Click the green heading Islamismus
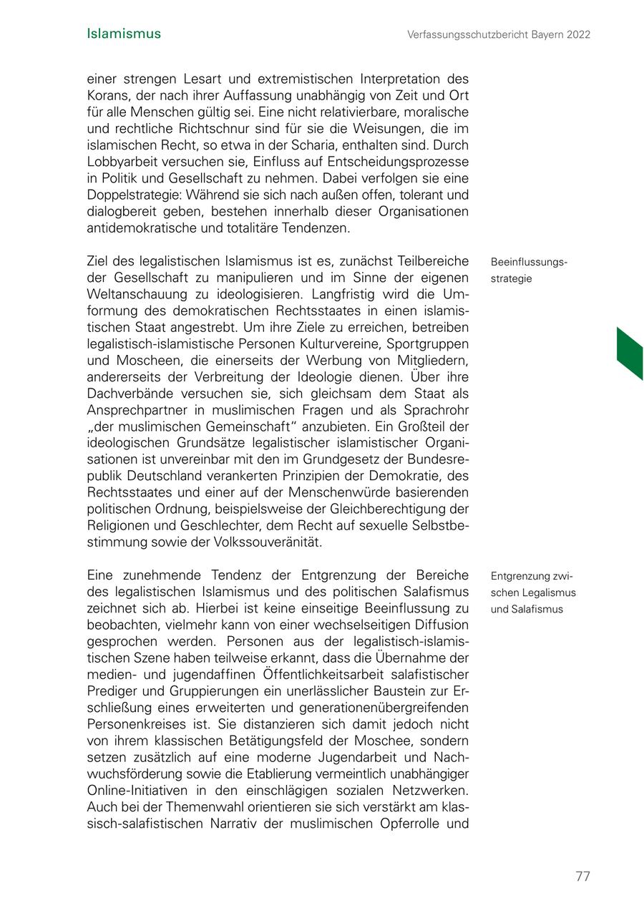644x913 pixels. click(x=123, y=34)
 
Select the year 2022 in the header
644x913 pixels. click(x=577, y=34)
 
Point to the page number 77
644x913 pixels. click(x=582, y=877)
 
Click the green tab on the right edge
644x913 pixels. click(x=630, y=353)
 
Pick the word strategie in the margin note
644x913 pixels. click(x=511, y=278)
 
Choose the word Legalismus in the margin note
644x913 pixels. click(x=550, y=592)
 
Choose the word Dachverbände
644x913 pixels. click(x=130, y=394)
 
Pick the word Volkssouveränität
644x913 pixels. click(x=268, y=542)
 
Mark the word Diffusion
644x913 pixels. click(x=439, y=625)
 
